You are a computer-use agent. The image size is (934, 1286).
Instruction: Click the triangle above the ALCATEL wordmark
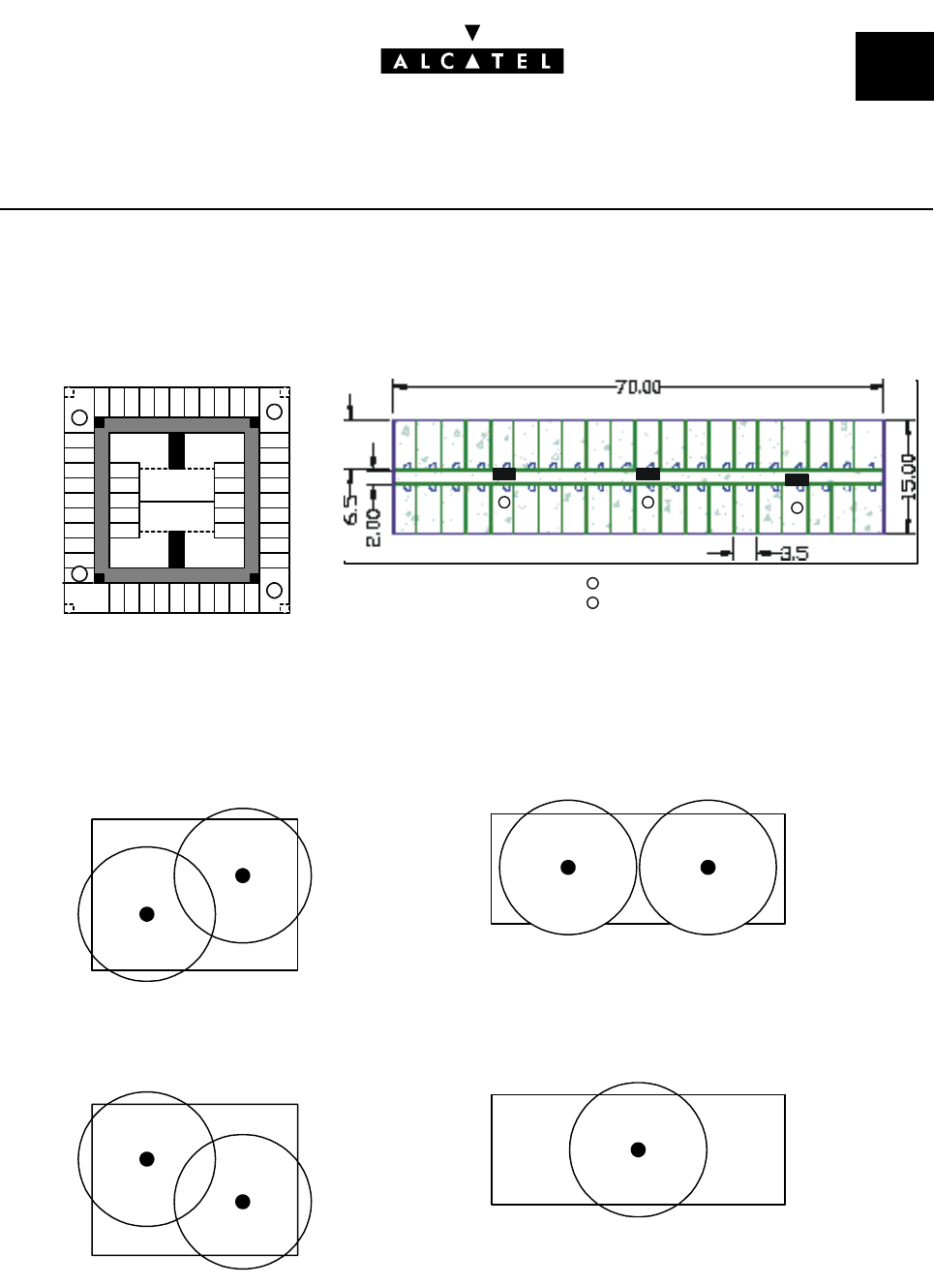click(x=472, y=33)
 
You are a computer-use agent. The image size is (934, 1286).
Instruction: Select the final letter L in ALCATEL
click(x=546, y=61)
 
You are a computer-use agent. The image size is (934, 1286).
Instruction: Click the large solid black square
click(x=894, y=66)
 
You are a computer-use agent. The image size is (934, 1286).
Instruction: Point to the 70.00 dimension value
click(x=638, y=387)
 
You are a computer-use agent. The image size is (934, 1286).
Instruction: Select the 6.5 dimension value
click(x=350, y=509)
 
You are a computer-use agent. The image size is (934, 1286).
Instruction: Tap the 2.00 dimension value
click(x=373, y=528)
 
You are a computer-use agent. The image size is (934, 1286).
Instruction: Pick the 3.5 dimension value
click(x=795, y=554)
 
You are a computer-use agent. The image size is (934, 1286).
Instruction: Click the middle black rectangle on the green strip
click(x=648, y=475)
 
